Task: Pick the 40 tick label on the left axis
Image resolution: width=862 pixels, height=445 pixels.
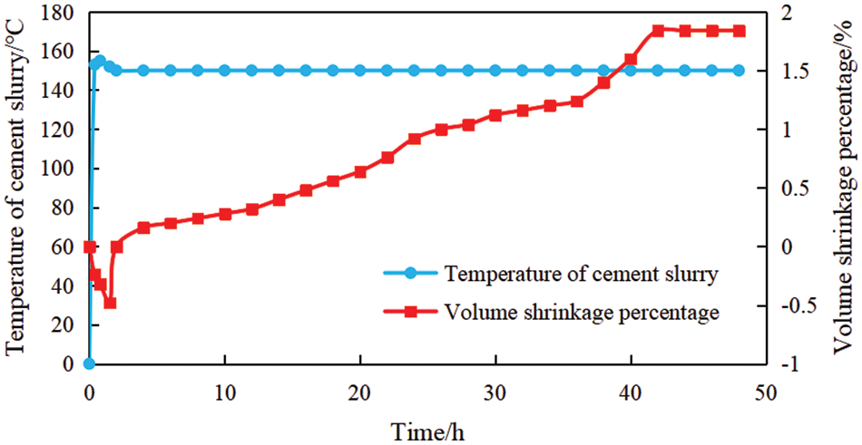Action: tap(63, 285)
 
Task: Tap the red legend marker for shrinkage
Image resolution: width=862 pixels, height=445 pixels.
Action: tap(410, 312)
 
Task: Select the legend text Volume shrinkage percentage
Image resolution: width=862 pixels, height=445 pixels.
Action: tap(582, 312)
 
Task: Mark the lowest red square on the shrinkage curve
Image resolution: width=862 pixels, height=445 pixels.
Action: tap(110, 303)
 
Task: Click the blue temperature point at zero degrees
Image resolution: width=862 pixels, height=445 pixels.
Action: tap(89, 363)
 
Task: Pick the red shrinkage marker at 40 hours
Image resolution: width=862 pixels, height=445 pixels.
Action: tap(631, 60)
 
